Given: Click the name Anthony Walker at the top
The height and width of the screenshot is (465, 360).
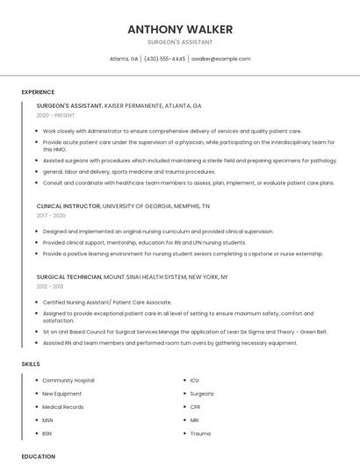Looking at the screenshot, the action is (180, 29).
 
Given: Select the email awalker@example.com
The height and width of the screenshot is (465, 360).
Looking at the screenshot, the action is (220, 59).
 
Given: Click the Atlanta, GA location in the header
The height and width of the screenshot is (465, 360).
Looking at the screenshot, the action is (124, 59).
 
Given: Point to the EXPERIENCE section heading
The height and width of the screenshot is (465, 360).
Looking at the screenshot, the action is (38, 92).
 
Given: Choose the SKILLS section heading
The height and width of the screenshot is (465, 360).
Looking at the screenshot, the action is (30, 363).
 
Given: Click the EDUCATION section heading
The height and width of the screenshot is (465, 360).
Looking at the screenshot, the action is (38, 456).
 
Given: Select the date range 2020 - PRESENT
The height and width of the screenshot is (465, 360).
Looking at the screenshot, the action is (56, 115).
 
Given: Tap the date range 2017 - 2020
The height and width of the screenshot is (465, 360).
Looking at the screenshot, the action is (51, 215).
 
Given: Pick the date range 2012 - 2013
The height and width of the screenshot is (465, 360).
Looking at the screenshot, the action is (50, 286).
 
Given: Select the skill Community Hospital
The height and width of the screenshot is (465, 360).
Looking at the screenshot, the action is (68, 380).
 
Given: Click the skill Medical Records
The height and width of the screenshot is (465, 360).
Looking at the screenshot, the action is (63, 407).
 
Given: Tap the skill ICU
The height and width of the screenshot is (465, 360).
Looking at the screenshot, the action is (194, 380).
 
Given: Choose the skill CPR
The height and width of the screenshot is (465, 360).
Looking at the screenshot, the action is (195, 407).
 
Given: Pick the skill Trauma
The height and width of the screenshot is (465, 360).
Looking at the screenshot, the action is (200, 433).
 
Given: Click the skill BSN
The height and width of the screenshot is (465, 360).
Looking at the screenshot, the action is (47, 433).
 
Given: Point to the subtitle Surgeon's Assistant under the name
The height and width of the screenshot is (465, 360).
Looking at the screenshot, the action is (180, 42).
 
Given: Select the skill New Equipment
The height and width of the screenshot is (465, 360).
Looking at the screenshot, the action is (63, 394).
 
